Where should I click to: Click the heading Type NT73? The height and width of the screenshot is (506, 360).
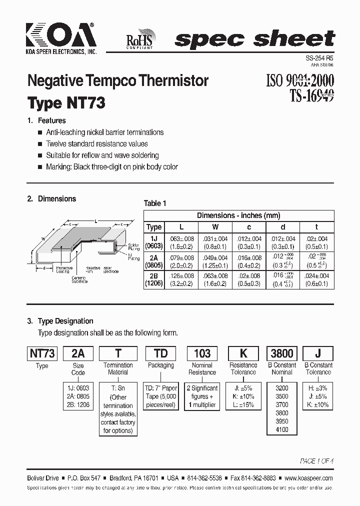pos(66,103)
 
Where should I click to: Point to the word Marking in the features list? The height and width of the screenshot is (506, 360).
pos(58,167)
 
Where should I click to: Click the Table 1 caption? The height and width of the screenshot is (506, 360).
pos(155,203)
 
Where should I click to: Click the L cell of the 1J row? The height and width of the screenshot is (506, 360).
pos(181,242)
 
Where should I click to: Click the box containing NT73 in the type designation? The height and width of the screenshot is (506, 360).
pos(42,353)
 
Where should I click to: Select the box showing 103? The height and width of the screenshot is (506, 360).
pos(202,353)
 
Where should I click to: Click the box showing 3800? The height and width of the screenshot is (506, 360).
pos(282,353)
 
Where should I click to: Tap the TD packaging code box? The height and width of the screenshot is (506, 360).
pos(161,353)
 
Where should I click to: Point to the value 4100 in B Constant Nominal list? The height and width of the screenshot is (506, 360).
pos(282,429)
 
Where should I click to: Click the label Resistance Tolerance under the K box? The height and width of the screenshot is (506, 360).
pos(243,368)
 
